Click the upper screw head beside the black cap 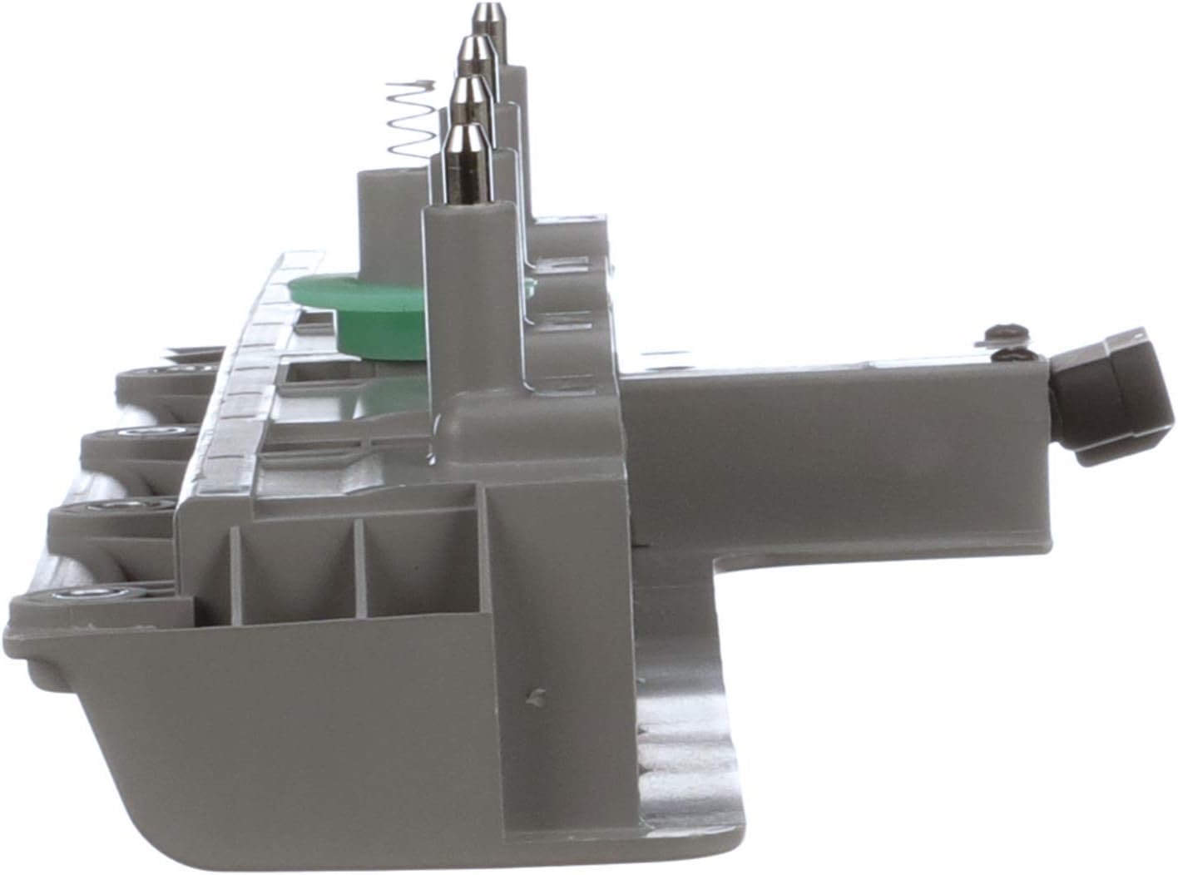1002,333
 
